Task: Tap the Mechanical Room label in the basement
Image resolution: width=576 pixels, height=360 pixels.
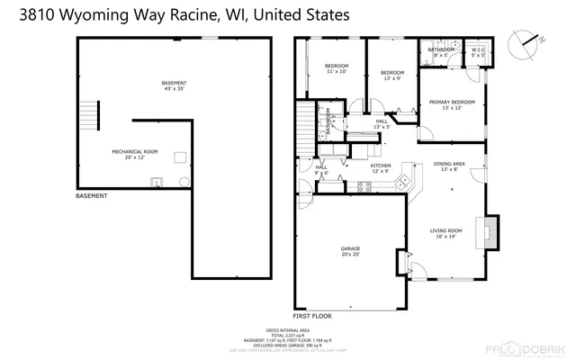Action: pos(134,154)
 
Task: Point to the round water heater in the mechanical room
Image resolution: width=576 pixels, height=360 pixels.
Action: pos(185,181)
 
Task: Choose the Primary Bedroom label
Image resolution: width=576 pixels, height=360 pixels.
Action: pos(451,105)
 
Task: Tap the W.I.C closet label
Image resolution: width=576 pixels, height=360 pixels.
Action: pos(477,52)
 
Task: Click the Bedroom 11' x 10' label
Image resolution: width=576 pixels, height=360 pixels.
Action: pos(337,69)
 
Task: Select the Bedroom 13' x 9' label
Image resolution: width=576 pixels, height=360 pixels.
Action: pos(391,76)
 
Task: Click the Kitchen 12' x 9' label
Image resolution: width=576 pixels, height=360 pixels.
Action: pos(381,169)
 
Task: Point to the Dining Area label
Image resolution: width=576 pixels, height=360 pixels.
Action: pos(450,166)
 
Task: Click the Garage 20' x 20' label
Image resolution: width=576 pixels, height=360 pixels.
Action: pos(351,252)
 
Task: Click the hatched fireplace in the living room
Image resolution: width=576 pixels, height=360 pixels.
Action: pos(490,232)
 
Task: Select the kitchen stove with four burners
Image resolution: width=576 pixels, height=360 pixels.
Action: pos(364,187)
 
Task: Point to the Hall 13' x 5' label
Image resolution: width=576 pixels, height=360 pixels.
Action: pos(382,124)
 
